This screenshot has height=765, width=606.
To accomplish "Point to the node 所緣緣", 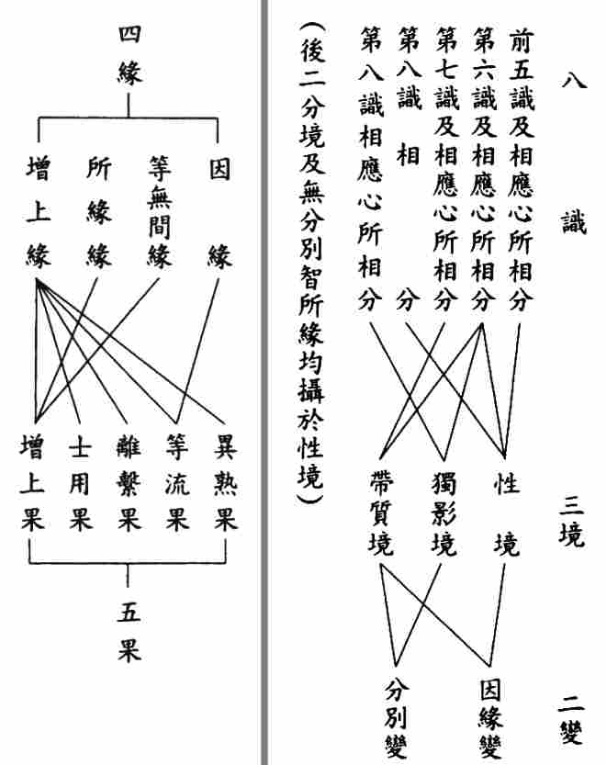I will pos(98,213).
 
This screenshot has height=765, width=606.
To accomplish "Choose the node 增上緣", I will pos(38,213).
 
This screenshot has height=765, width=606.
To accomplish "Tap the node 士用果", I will pos(80,484).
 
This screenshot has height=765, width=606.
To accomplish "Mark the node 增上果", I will pos(31,484).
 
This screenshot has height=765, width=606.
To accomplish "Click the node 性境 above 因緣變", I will pos(506,514).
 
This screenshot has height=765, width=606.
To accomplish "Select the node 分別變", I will pos(397,717).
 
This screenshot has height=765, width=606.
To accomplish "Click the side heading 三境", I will pos(571,519).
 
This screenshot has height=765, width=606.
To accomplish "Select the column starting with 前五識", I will pos(521,169).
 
